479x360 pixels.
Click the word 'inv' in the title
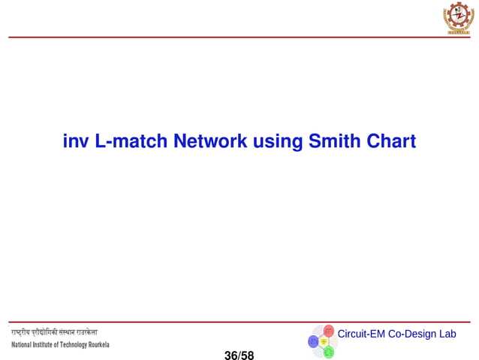click(76, 141)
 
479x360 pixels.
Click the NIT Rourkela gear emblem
click(459, 17)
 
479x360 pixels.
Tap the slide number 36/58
click(239, 355)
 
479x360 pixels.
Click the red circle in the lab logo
click(329, 331)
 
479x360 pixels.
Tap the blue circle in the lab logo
click(314, 341)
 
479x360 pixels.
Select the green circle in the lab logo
click(328, 351)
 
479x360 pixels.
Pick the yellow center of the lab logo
click(324, 341)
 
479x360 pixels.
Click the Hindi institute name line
click(53, 332)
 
